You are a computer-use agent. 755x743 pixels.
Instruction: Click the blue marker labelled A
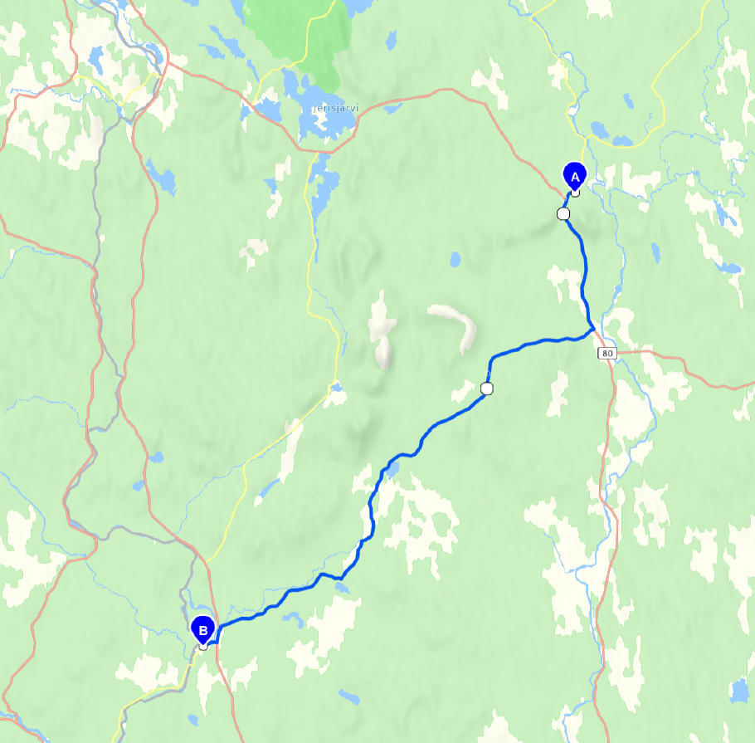(574, 174)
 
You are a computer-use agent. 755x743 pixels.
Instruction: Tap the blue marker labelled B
(202, 628)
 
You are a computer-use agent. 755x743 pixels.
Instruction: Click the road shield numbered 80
(608, 353)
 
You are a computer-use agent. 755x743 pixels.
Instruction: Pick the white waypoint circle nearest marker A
(563, 213)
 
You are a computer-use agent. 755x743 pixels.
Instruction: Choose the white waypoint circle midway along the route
(487, 389)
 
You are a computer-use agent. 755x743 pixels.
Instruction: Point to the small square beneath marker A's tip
(574, 193)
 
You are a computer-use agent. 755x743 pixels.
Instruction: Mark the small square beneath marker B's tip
(202, 646)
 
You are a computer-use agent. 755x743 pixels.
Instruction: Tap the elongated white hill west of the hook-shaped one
(382, 328)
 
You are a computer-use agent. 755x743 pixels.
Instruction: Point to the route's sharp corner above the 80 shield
(592, 329)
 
